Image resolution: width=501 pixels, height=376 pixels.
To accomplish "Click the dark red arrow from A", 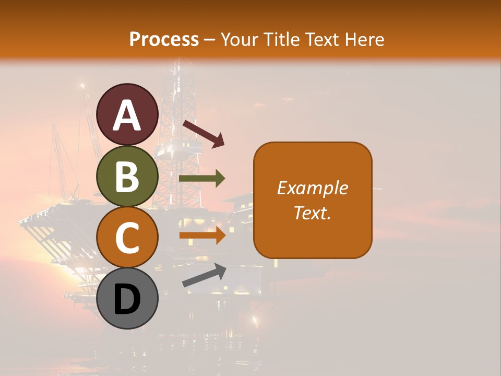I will (203, 133).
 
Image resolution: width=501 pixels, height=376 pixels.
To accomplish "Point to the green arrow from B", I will (202, 179).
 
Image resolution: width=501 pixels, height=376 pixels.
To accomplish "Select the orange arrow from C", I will (202, 235).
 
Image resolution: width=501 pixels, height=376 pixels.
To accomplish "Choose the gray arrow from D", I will (204, 275).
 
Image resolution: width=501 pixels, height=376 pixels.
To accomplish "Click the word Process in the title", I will (164, 40).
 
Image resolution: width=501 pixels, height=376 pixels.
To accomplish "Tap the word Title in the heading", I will (282, 40).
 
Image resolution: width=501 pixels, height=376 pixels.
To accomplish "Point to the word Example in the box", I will (313, 188).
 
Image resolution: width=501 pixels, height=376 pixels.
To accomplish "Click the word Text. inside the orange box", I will (313, 213).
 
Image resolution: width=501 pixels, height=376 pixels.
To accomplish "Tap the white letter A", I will (127, 115).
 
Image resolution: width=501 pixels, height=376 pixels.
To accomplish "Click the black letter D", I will (127, 299).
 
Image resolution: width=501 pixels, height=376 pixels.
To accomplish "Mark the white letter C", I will (127, 238).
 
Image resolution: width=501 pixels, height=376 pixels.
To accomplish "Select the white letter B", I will (127, 177).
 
